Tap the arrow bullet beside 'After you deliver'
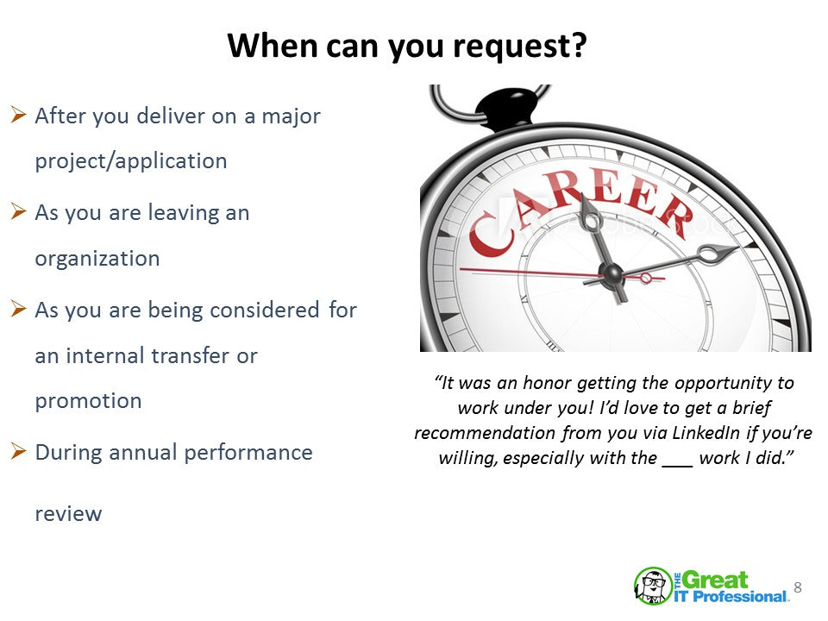click(x=18, y=114)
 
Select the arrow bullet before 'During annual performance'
click(x=18, y=451)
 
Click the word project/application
click(x=131, y=161)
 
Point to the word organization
click(x=97, y=259)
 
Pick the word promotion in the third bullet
click(x=88, y=401)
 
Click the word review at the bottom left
click(x=68, y=514)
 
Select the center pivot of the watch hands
click(x=612, y=273)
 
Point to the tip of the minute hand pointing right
click(x=737, y=248)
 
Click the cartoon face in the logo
click(x=653, y=585)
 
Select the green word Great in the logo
click(x=715, y=580)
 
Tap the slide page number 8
click(x=797, y=587)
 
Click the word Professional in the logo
click(x=739, y=597)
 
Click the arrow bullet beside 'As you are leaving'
click(x=18, y=211)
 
